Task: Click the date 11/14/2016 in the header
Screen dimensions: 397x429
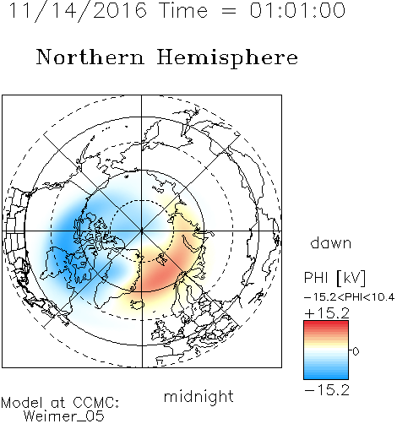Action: click(78, 10)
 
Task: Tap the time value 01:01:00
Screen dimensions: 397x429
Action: click(297, 10)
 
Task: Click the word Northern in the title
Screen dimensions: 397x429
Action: click(90, 57)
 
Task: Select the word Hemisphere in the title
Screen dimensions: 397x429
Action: click(227, 58)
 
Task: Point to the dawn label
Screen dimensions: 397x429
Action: click(331, 243)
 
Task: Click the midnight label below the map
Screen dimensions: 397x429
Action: click(198, 397)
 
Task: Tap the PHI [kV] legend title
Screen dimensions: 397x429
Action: click(335, 278)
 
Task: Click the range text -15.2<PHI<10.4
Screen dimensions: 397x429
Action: click(349, 297)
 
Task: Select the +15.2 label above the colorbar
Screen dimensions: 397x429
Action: click(327, 313)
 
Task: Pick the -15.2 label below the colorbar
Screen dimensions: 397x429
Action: click(327, 390)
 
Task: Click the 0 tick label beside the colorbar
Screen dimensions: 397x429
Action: click(356, 351)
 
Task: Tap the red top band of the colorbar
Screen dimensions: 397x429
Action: click(326, 324)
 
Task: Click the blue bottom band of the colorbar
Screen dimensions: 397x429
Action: click(326, 376)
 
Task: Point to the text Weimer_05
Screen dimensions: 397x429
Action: click(64, 416)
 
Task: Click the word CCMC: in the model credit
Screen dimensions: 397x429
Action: click(96, 403)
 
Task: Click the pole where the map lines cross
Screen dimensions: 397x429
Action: click(142, 231)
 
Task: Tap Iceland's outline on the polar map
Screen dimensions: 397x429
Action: click(137, 305)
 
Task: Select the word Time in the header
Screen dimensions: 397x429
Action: click(183, 10)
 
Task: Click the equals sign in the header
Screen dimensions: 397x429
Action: click(229, 11)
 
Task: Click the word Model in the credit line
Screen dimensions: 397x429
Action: click(22, 403)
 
